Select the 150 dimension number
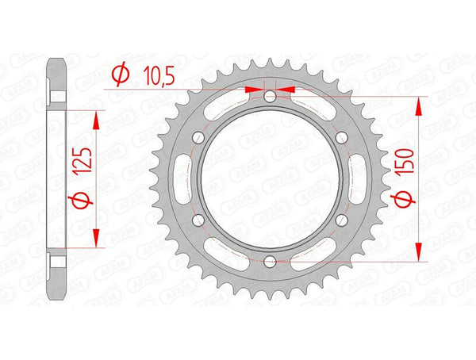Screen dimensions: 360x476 coord(404,167)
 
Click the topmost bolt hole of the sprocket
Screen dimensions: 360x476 coord(270,97)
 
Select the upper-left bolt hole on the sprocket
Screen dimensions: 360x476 coord(199,138)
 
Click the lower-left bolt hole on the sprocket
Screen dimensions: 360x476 coord(199,220)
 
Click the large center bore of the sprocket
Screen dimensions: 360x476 coord(270,178)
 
